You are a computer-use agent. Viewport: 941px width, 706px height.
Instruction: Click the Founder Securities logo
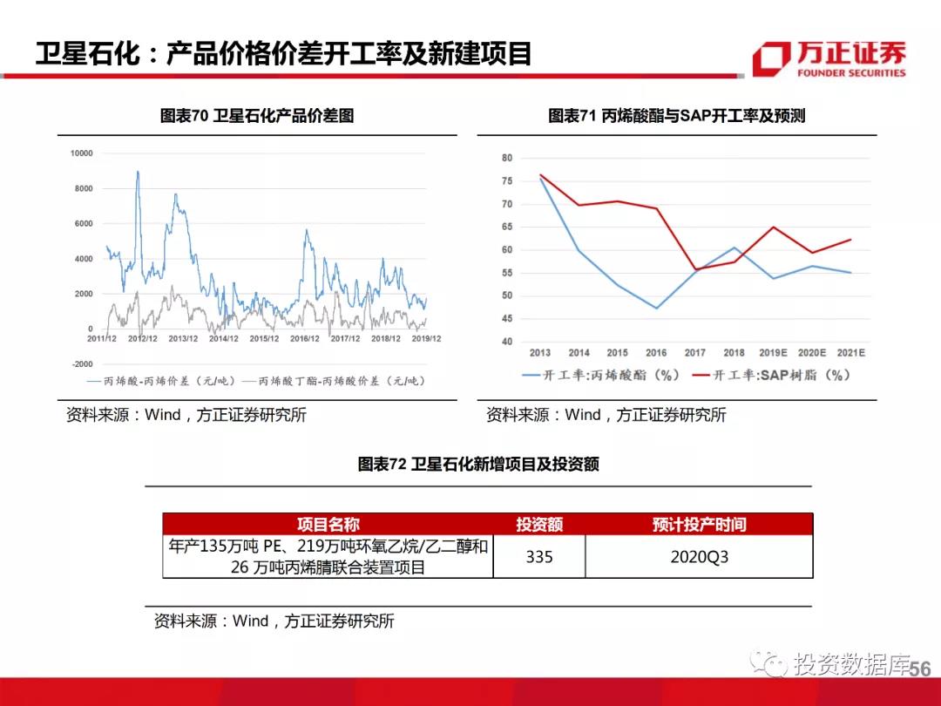[829, 58]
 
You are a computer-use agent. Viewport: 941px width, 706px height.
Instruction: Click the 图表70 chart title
[257, 116]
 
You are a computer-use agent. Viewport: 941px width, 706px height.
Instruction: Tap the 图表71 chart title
[676, 116]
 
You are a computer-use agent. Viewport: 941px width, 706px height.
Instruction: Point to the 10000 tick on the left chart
[81, 153]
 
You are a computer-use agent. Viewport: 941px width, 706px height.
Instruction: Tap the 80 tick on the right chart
[507, 159]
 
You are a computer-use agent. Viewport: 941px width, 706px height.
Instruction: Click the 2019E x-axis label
[772, 353]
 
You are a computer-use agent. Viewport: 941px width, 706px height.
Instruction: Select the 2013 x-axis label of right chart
[540, 353]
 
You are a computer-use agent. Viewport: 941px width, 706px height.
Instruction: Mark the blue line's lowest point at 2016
[656, 309]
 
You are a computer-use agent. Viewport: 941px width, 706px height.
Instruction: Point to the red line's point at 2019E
[772, 227]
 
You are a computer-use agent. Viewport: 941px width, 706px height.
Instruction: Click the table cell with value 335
[539, 556]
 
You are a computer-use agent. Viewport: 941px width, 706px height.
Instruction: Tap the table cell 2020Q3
[699, 556]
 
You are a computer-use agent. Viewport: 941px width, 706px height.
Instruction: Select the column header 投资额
[539, 524]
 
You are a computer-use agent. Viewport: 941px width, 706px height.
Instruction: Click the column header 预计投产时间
[699, 524]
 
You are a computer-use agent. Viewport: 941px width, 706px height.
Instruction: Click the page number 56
[920, 669]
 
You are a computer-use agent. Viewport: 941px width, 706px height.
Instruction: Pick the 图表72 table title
[478, 465]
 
